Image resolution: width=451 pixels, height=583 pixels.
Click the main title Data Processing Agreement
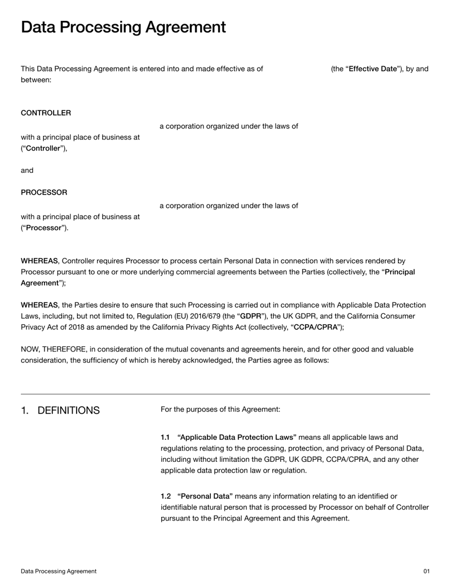pos(123,27)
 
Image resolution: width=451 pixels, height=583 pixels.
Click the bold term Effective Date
pos(373,69)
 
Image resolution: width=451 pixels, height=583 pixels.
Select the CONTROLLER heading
pos(46,113)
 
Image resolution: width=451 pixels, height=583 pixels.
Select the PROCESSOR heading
pos(44,192)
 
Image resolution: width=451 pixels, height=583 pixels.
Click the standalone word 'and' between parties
pos(27,170)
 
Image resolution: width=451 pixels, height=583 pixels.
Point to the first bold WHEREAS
pos(39,261)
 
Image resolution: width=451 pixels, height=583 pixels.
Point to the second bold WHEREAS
pos(39,305)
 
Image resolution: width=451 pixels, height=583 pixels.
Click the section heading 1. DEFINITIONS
pos(60,410)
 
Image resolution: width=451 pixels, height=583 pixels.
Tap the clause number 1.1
pos(165,437)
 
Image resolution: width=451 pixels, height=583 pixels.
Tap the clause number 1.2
pos(166,496)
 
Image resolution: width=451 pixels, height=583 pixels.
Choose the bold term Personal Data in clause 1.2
pos(205,496)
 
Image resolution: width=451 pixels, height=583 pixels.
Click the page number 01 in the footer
pos(426,571)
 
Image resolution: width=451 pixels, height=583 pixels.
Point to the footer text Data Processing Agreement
pos(59,571)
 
